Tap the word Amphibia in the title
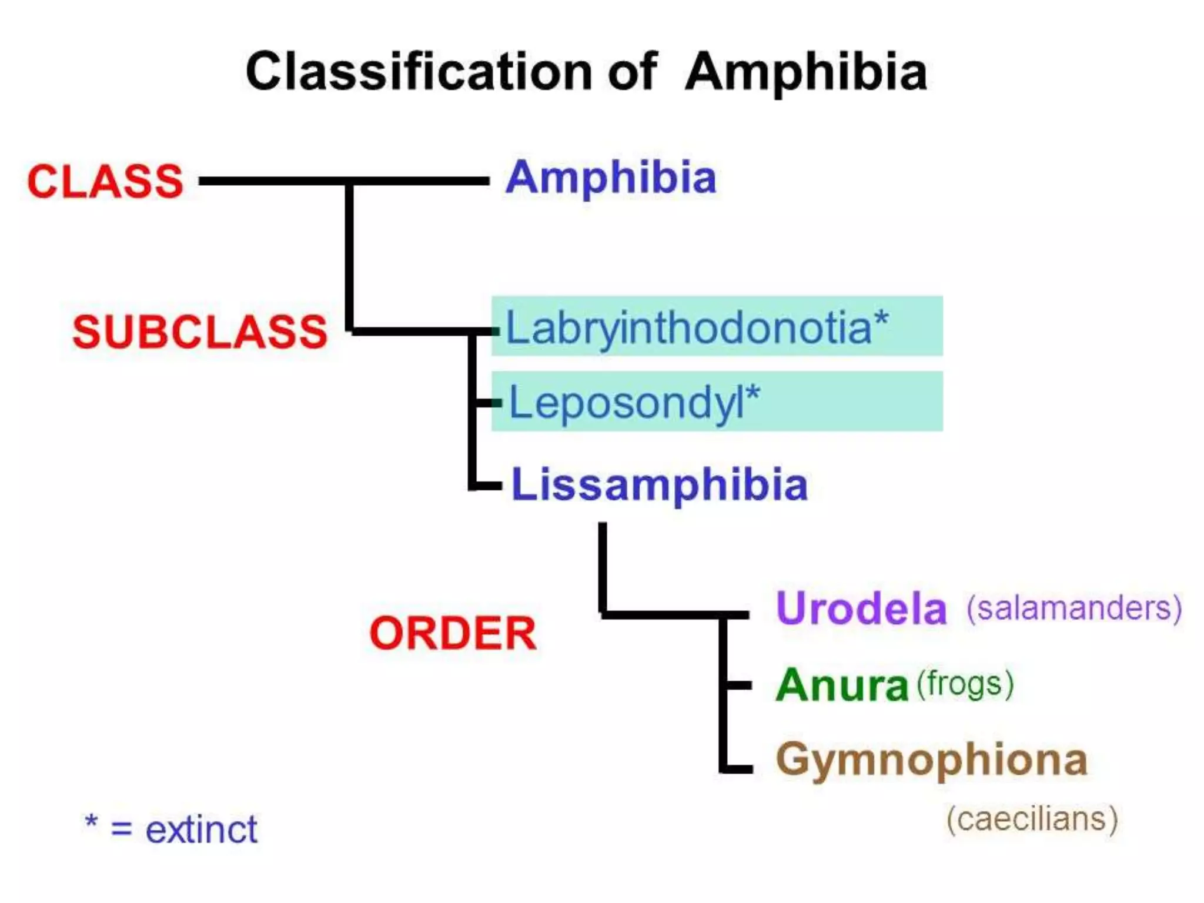[805, 72]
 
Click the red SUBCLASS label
[199, 332]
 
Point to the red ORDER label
[453, 634]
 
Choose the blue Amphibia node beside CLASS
[611, 177]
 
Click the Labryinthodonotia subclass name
[688, 327]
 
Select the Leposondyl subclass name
[626, 403]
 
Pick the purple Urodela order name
[861, 608]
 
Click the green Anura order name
[842, 685]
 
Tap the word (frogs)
[965, 685]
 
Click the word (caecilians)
[1032, 819]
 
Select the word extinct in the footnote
[201, 830]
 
